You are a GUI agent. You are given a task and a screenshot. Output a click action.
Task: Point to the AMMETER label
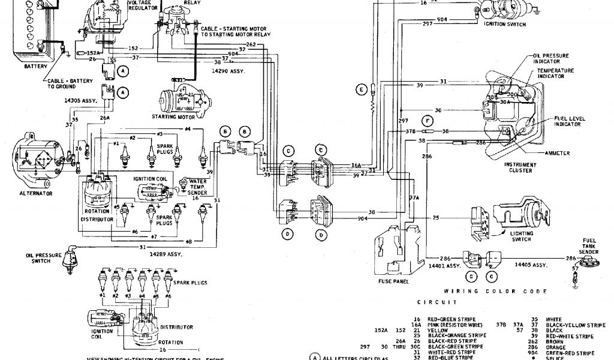[x=557, y=153]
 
